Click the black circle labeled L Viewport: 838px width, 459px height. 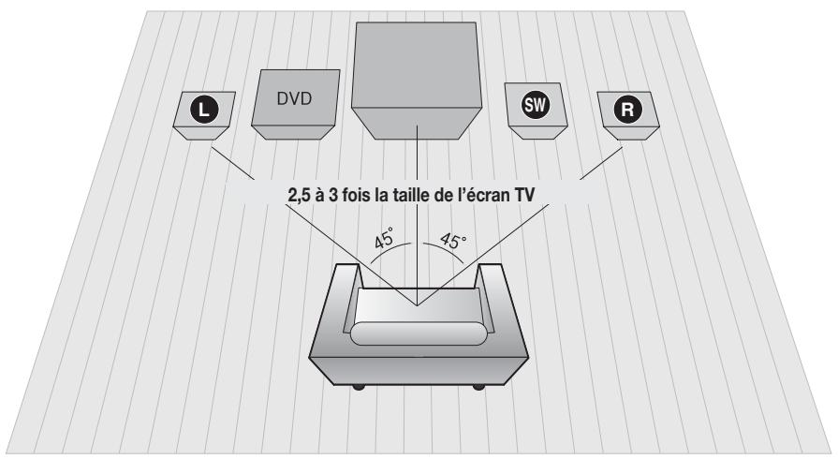click(204, 104)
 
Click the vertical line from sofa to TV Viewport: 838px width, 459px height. click(416, 253)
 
